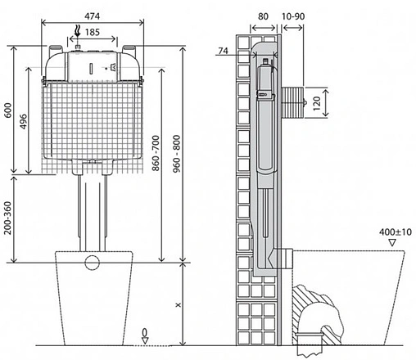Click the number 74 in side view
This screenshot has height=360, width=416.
coord(224,52)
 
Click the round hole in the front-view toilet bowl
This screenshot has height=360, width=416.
coord(93,263)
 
